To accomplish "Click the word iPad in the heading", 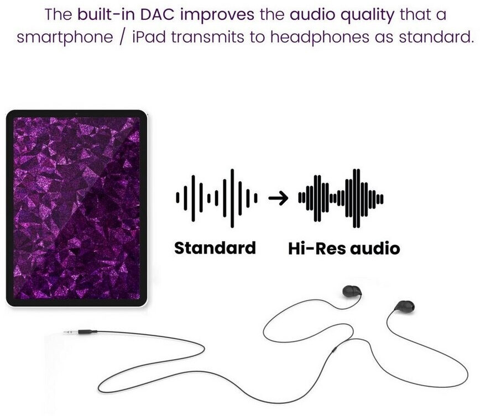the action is click(149, 37).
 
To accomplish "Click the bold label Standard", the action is click(215, 248).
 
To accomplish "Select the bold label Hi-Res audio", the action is click(344, 248).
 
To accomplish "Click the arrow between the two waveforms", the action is click(278, 198).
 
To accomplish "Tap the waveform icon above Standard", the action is click(216, 198).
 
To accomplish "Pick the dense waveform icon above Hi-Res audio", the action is click(341, 198).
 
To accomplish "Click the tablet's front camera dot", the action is click(76, 114).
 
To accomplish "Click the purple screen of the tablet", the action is click(76, 208).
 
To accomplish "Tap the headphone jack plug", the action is click(81, 332).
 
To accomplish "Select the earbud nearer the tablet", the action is click(352, 291).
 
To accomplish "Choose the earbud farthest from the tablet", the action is click(404, 307).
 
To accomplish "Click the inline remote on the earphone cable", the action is click(333, 349).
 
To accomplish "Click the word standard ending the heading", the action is click(436, 37).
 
